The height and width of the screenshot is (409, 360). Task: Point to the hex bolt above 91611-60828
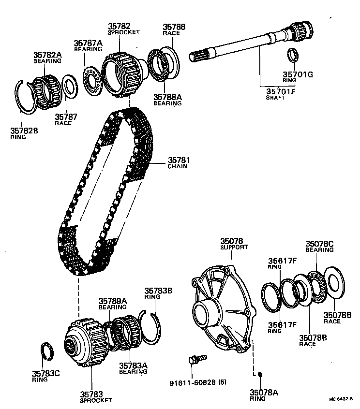tap(196, 359)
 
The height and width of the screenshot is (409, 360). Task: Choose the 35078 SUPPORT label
tap(234, 243)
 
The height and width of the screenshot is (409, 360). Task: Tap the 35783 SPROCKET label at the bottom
tap(95, 396)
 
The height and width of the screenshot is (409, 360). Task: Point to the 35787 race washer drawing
tap(70, 88)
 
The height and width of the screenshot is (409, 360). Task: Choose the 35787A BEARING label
tap(88, 45)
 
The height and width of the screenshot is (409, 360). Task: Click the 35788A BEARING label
tap(167, 100)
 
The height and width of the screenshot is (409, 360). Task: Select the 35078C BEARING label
tap(319, 246)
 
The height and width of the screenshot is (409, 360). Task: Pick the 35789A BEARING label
tap(112, 303)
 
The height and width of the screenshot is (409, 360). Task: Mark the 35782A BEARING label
tap(47, 58)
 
